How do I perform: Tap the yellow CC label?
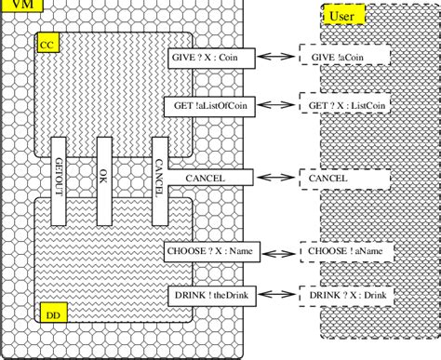tap(47, 44)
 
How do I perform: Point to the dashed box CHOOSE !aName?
tap(342, 249)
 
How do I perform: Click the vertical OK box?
tap(104, 180)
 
